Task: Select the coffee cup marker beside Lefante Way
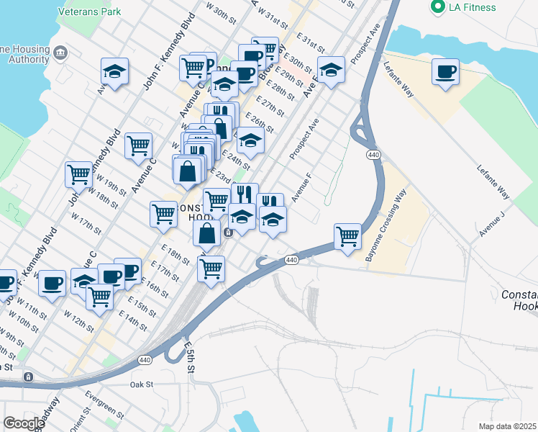[x=446, y=72]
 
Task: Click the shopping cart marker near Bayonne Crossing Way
[x=347, y=236]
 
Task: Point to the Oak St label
[x=142, y=384]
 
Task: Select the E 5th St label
[x=189, y=356]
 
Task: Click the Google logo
[x=24, y=423]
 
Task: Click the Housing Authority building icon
[x=60, y=52]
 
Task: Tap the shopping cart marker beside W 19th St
[x=78, y=174]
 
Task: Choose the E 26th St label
[x=260, y=122]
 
